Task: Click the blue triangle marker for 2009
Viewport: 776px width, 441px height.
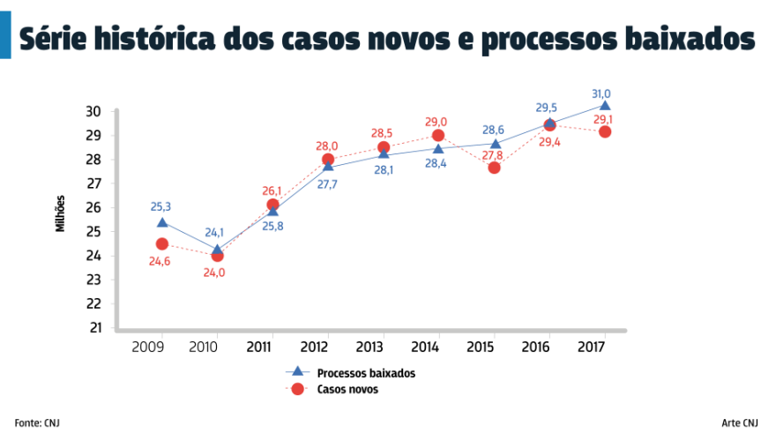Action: (x=162, y=222)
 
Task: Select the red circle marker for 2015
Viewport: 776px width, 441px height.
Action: (x=494, y=168)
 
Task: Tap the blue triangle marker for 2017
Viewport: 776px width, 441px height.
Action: (x=604, y=106)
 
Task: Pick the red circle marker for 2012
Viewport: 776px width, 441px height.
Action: (x=328, y=160)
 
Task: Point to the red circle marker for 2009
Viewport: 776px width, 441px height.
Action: (x=162, y=243)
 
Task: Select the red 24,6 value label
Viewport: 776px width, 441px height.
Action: (x=160, y=260)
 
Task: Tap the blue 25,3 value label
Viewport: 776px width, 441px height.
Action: (x=160, y=206)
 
